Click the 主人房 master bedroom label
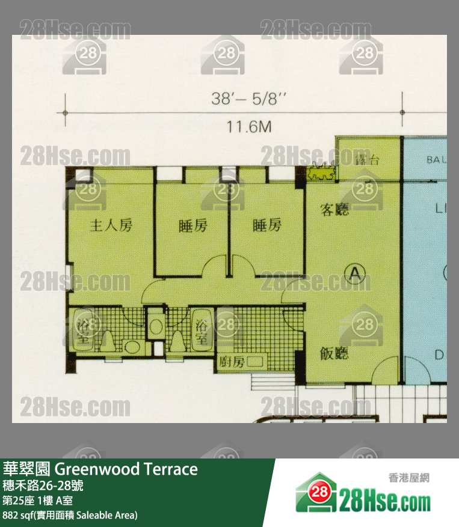(x=111, y=226)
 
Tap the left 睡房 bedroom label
(x=193, y=226)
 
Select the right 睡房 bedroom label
(x=266, y=226)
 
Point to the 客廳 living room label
(x=334, y=210)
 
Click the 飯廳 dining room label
(x=334, y=353)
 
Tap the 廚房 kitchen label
(x=230, y=362)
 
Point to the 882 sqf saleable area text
(x=70, y=515)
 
